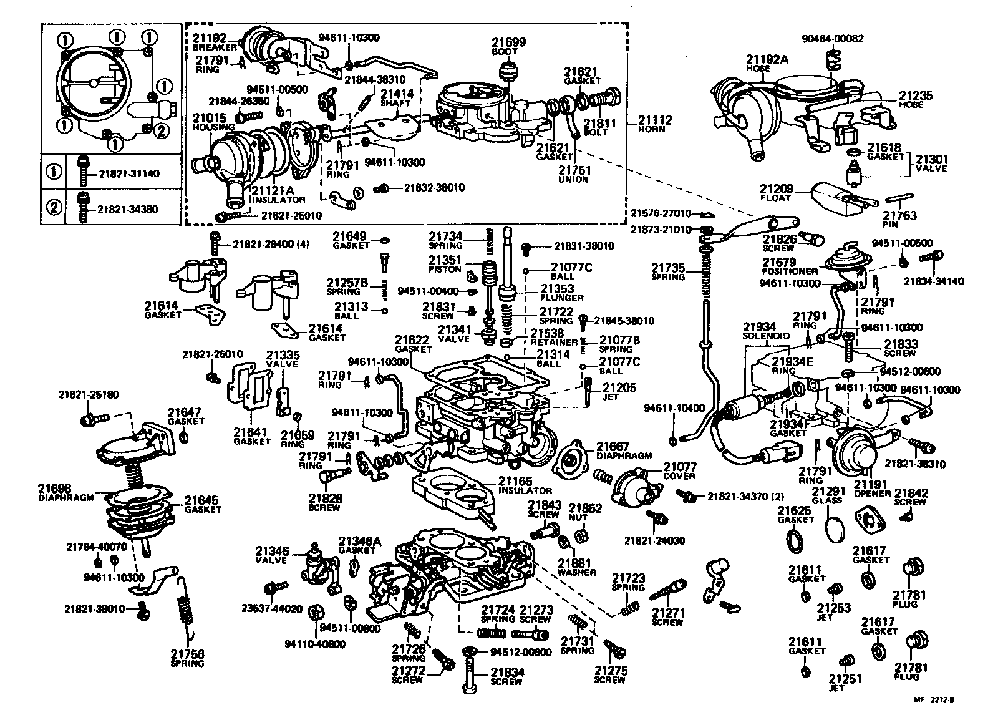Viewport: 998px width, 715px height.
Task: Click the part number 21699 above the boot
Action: pyautogui.click(x=511, y=42)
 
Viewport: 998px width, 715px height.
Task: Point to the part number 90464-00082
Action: pyautogui.click(x=833, y=39)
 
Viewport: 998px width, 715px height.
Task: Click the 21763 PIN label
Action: pyautogui.click(x=899, y=219)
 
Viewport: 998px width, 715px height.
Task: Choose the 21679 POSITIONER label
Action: pyautogui.click(x=789, y=266)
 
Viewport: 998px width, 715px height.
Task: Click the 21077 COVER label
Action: pyautogui.click(x=679, y=471)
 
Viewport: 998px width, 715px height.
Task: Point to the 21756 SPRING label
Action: pyautogui.click(x=187, y=658)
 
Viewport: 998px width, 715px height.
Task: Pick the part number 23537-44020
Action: pyautogui.click(x=272, y=608)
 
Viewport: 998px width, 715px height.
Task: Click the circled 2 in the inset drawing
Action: pyautogui.click(x=160, y=130)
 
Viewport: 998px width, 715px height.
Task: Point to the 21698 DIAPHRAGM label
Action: pyautogui.click(x=65, y=492)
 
